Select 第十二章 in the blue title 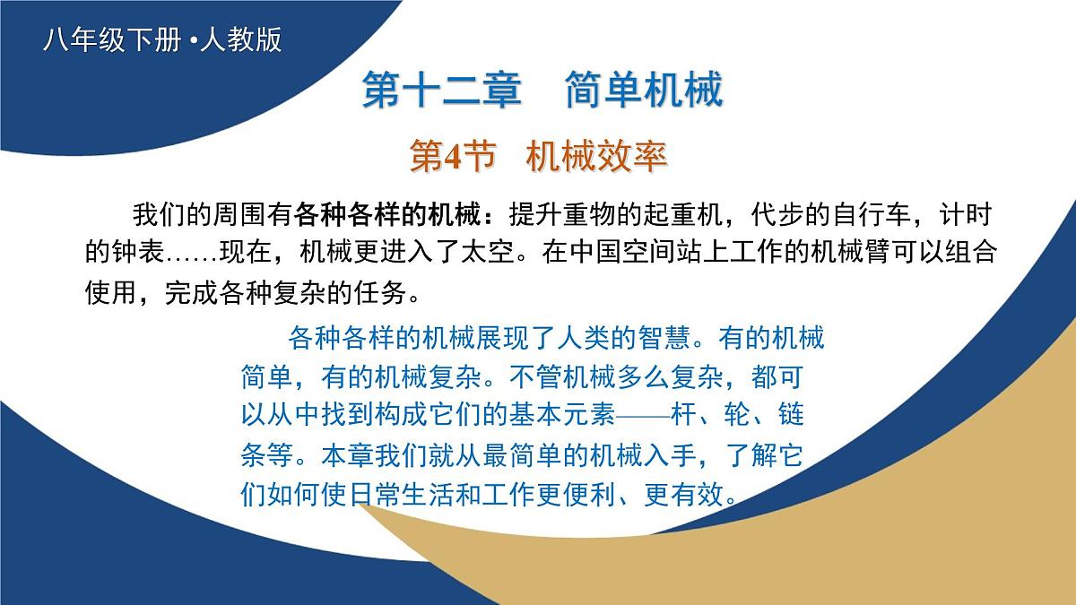pyautogui.click(x=442, y=90)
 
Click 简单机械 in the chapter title pyautogui.click(x=644, y=90)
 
